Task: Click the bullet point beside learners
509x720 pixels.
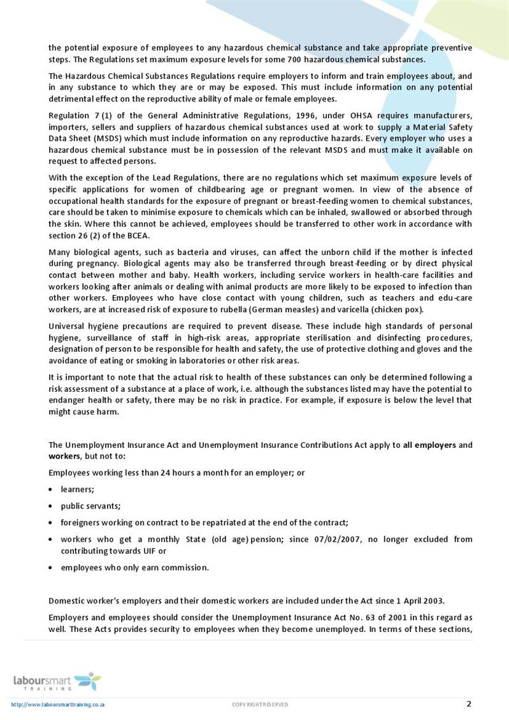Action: tap(51, 489)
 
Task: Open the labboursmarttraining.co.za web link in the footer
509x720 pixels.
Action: tap(58, 705)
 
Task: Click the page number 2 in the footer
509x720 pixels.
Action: tap(469, 703)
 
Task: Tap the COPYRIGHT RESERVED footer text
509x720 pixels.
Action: tap(259, 705)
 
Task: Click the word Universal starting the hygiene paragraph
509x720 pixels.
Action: tap(66, 326)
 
